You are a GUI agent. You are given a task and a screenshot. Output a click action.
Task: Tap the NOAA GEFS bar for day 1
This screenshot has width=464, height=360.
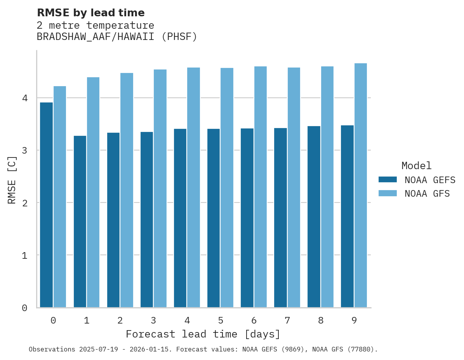click(80, 222)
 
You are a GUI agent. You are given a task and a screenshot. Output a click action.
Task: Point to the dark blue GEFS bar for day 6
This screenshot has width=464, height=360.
click(247, 218)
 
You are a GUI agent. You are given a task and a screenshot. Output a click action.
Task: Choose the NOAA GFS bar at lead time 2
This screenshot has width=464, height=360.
click(127, 190)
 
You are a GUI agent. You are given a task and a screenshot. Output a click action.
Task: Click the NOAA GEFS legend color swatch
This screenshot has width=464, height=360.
click(388, 180)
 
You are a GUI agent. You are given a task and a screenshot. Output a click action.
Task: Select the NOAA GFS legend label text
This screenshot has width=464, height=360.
click(427, 194)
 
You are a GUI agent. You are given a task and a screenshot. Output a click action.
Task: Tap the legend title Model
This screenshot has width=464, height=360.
click(416, 166)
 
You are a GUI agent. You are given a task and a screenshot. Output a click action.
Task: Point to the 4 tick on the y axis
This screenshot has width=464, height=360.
click(25, 98)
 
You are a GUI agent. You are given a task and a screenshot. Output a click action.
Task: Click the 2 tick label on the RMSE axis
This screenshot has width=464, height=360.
click(25, 203)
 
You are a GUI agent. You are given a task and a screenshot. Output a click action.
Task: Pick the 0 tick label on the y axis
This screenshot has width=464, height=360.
click(25, 308)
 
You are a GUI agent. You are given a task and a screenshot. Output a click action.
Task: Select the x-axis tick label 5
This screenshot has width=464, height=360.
click(221, 320)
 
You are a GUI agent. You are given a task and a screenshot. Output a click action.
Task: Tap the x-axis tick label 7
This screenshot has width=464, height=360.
click(287, 320)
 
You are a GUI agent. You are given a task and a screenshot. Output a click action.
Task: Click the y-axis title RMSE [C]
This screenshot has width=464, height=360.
click(12, 180)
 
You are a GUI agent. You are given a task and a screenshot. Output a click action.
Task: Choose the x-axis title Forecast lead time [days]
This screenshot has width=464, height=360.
click(203, 334)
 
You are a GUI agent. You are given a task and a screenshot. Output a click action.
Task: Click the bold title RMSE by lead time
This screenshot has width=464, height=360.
click(90, 13)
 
